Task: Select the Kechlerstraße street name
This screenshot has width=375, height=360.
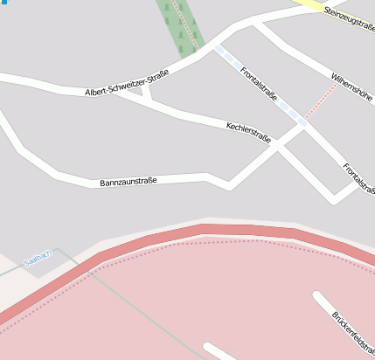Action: (248, 133)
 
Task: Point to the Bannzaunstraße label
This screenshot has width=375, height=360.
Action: (128, 182)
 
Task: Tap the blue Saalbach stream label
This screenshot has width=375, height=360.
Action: (38, 256)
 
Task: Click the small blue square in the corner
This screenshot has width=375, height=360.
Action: (2, 3)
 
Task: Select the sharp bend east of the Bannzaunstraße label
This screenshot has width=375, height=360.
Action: (229, 185)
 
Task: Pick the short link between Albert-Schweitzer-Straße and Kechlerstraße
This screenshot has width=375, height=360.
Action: (147, 91)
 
